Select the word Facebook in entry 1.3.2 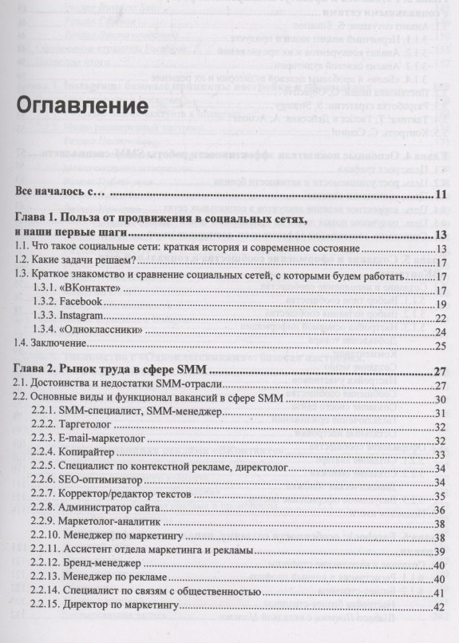pyautogui.click(x=81, y=302)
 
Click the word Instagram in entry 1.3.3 pyautogui.click(x=82, y=316)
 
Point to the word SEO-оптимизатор pyautogui.click(x=100, y=482)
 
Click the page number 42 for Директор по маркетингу pyautogui.click(x=438, y=607)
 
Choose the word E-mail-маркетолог pyautogui.click(x=104, y=440)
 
